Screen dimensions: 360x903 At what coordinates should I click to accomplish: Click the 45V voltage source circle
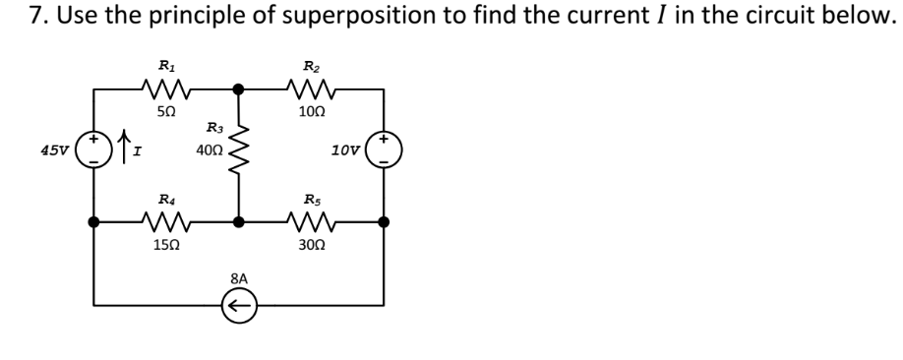pos(94,152)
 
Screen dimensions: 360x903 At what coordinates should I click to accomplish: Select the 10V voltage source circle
pos(383,152)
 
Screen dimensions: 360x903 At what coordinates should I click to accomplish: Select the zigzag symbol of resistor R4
pos(165,221)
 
